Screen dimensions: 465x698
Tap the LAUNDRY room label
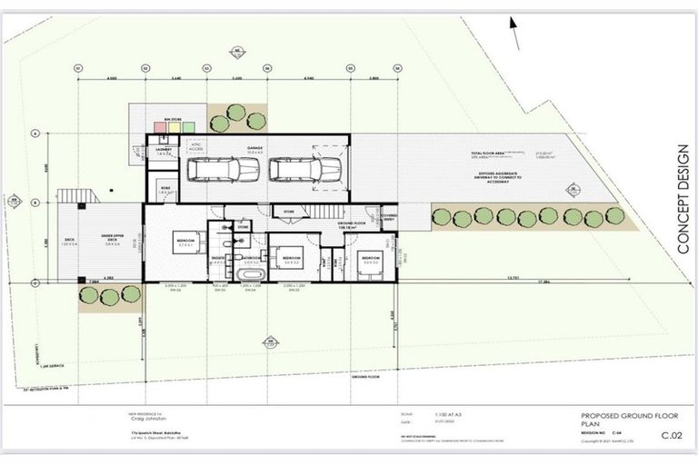[x=165, y=150]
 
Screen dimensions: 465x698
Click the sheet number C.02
[x=671, y=437]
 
